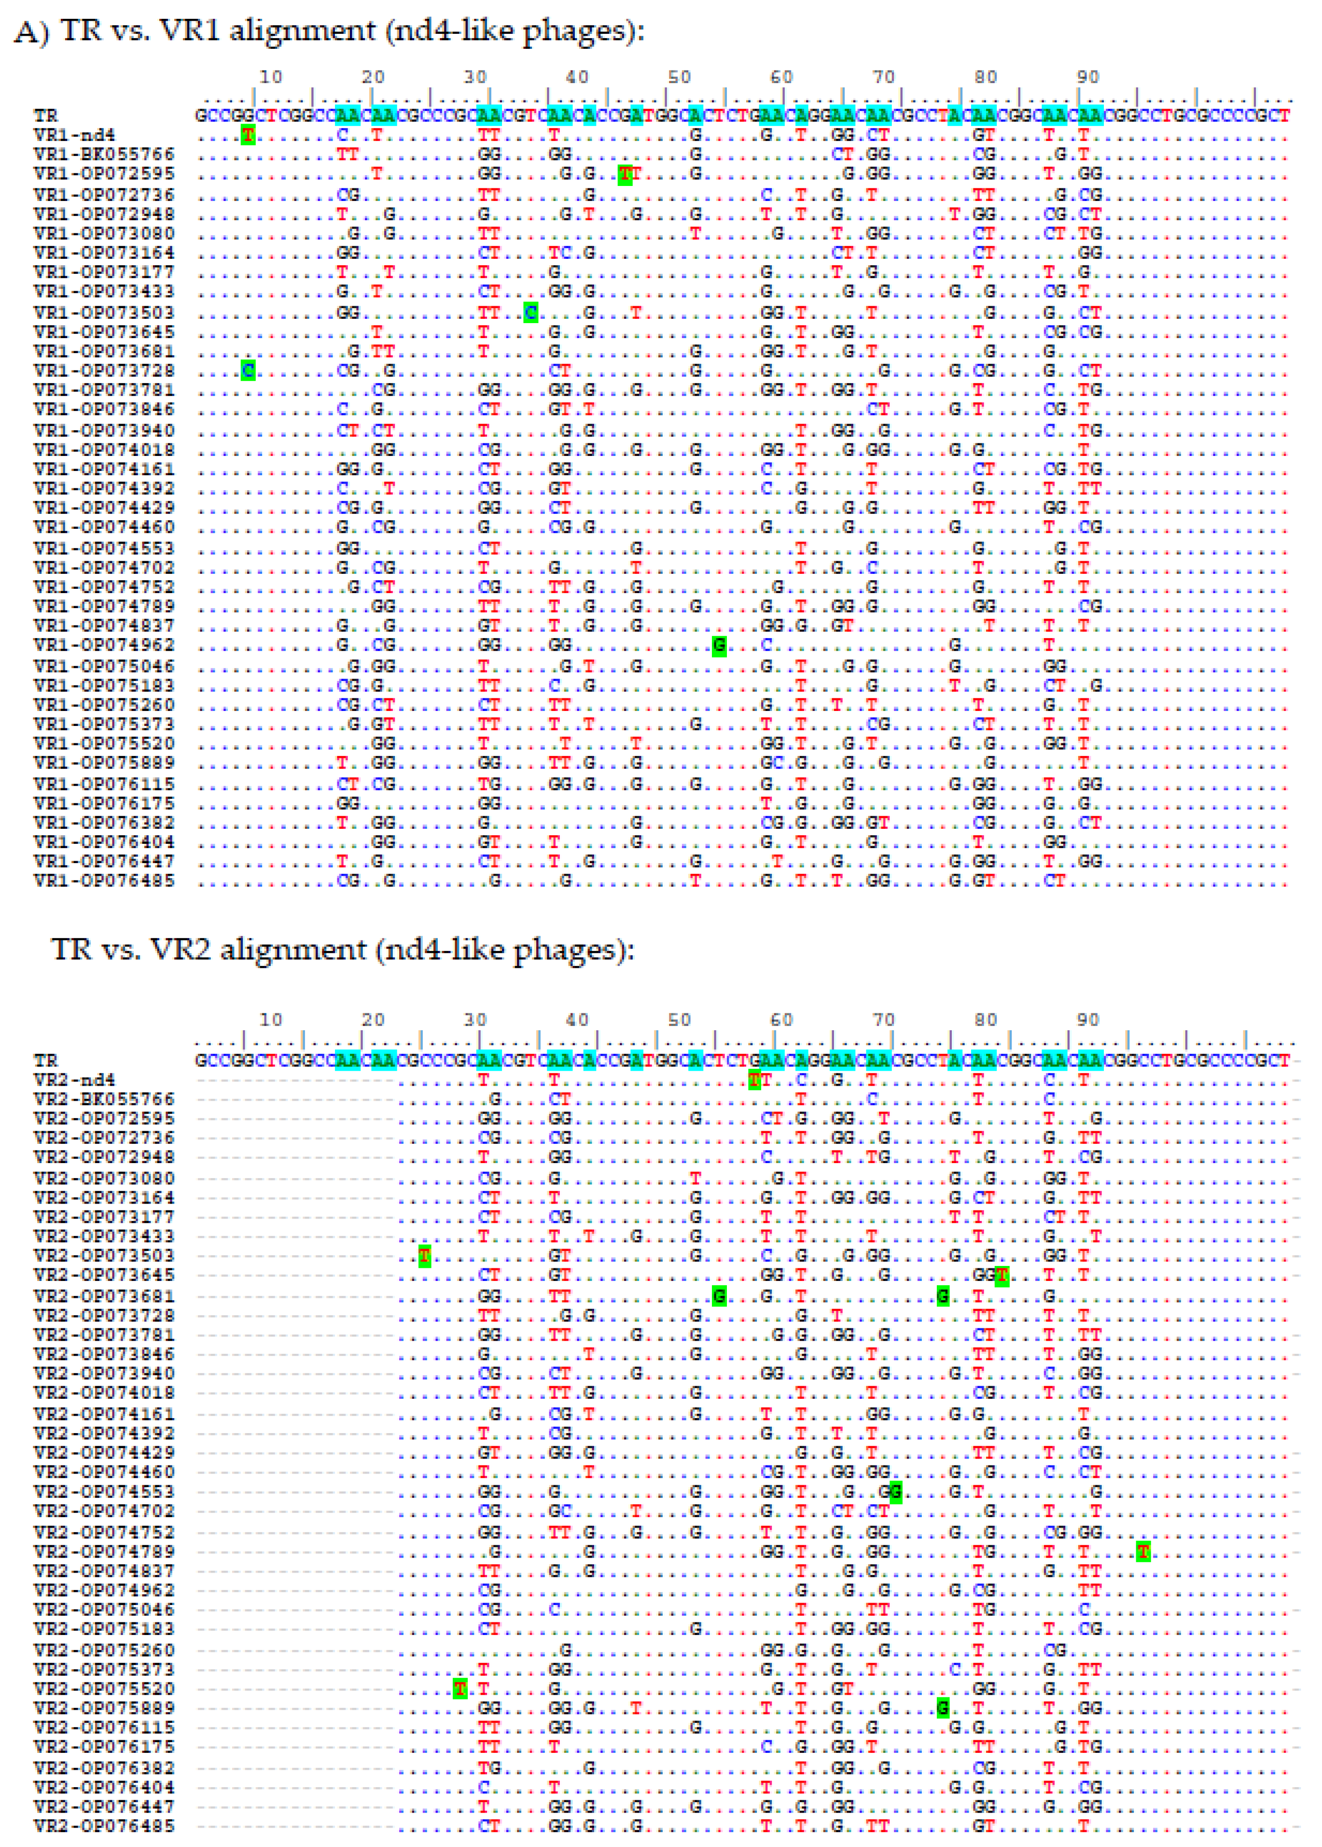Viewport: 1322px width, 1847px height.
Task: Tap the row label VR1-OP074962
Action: click(x=104, y=646)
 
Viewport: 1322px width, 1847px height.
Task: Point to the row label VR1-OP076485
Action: click(x=104, y=881)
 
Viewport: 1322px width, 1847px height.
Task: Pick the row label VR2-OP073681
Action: click(x=104, y=1296)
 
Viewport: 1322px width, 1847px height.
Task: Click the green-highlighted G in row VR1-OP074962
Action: click(x=719, y=646)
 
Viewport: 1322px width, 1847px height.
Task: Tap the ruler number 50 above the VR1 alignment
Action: click(x=679, y=77)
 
